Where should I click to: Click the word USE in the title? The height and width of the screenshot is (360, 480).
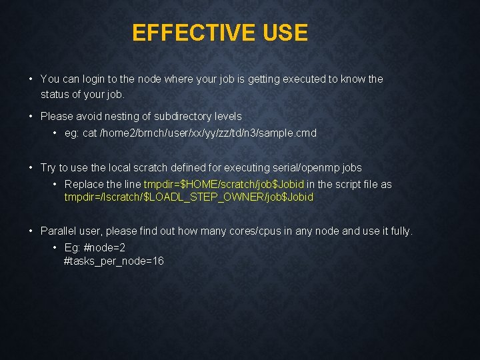click(285, 33)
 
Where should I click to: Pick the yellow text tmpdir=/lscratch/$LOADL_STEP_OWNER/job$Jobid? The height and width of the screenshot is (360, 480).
click(189, 197)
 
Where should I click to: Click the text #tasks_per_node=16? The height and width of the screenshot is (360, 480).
click(113, 261)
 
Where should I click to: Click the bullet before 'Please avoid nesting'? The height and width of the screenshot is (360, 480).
click(31, 116)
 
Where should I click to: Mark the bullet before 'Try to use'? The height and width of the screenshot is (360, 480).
click(31, 167)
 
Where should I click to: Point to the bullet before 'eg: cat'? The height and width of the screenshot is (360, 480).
click(55, 133)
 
